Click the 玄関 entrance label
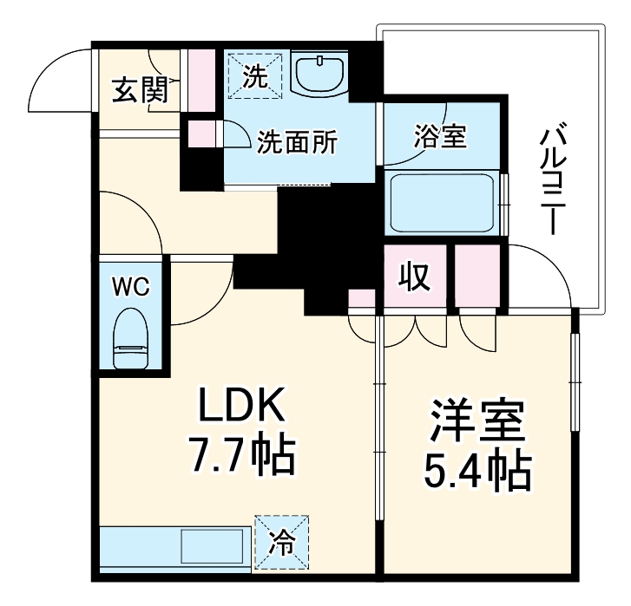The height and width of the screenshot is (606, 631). coord(140,89)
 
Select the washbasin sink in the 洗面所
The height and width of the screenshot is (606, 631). coord(321,75)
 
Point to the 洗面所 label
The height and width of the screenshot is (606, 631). coord(297,141)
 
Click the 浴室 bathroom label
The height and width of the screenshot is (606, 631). coord(440,137)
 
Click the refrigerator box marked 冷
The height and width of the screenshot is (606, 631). coord(281,541)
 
